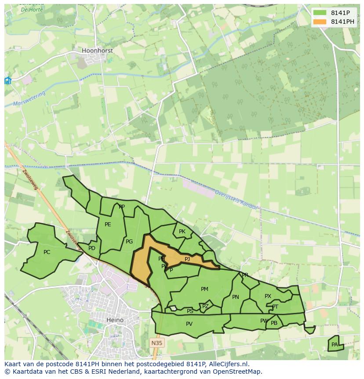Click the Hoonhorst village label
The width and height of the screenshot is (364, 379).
[x=97, y=51]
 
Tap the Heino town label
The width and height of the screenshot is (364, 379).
[x=115, y=320]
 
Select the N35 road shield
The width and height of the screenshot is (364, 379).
[x=157, y=343]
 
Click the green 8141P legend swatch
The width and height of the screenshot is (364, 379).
[x=320, y=13]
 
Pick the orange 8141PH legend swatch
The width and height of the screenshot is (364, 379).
[x=320, y=22]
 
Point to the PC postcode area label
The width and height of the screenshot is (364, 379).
[x=47, y=252]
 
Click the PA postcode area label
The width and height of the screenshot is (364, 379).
[x=335, y=345]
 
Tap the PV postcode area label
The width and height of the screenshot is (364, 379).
[x=189, y=324]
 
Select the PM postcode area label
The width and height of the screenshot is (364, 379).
[x=204, y=289]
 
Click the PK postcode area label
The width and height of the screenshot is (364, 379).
[x=182, y=232]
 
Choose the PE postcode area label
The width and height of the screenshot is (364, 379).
[x=108, y=224]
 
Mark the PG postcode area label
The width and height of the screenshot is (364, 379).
[x=129, y=242]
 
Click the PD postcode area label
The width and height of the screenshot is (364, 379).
[x=92, y=248]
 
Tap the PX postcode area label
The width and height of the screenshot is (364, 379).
[x=268, y=296]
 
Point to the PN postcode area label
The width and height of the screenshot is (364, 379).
[x=236, y=297]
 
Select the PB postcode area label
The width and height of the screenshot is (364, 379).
[x=274, y=323]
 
